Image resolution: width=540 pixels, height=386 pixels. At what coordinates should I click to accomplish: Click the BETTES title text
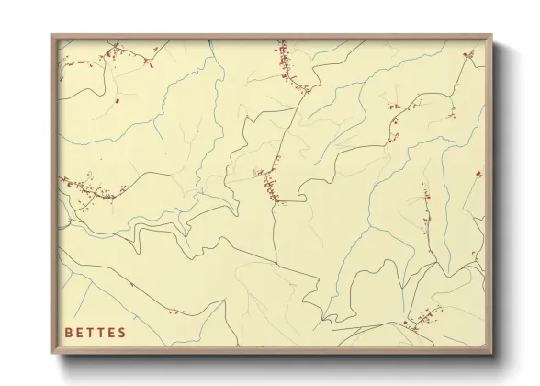96,332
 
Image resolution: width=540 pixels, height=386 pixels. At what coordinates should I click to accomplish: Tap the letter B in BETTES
69,332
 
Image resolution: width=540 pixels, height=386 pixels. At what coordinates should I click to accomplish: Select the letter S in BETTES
123,332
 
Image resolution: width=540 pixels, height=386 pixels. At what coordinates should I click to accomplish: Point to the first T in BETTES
91,332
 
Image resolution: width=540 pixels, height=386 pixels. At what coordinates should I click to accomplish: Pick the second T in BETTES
102,332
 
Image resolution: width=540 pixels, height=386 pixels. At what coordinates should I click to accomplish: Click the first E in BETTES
80,332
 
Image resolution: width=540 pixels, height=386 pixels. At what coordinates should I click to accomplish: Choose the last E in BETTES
112,332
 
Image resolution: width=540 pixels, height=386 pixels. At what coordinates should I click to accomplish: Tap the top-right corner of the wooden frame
492,35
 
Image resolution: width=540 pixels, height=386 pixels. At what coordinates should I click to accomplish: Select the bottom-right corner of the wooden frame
492,354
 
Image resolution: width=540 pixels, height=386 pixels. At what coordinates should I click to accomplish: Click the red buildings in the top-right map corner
468,56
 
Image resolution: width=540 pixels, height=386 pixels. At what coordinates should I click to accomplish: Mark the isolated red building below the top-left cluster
118,101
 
